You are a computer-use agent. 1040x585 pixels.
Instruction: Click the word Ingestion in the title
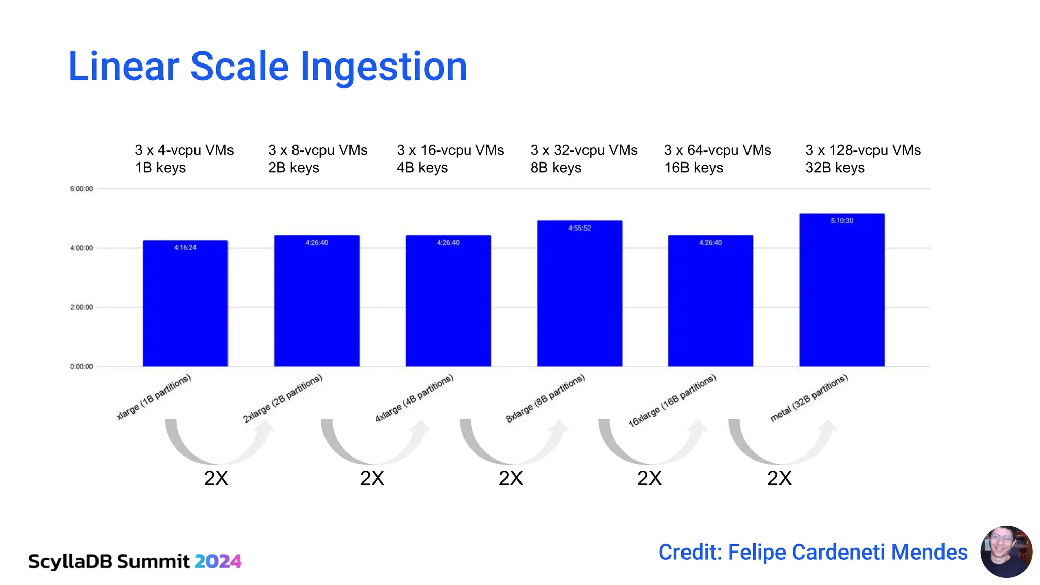[x=383, y=67]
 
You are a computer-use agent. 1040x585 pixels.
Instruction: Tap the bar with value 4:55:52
[x=579, y=295]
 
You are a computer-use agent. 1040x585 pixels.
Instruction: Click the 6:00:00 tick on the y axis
[x=81, y=189]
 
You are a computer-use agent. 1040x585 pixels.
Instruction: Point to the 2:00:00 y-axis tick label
[x=81, y=307]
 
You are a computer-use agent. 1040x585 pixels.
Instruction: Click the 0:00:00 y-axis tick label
[x=81, y=366]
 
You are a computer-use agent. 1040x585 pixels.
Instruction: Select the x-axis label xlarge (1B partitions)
[x=153, y=397]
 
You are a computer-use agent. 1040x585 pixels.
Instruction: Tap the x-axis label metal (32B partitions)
[x=808, y=398]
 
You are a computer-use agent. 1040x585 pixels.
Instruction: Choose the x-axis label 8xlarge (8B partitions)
[x=545, y=398]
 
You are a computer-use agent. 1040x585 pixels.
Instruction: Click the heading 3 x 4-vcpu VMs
[x=184, y=150]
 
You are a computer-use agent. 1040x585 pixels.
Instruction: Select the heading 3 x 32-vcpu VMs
[x=583, y=150]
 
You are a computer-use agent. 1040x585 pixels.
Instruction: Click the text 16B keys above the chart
[x=693, y=168]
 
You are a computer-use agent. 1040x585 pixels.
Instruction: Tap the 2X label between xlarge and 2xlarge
[x=216, y=478]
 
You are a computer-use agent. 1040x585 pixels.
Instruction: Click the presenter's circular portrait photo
[x=1006, y=551]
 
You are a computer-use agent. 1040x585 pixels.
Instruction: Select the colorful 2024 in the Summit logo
[x=218, y=561]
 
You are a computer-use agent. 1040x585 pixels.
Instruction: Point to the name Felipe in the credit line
[x=757, y=552]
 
